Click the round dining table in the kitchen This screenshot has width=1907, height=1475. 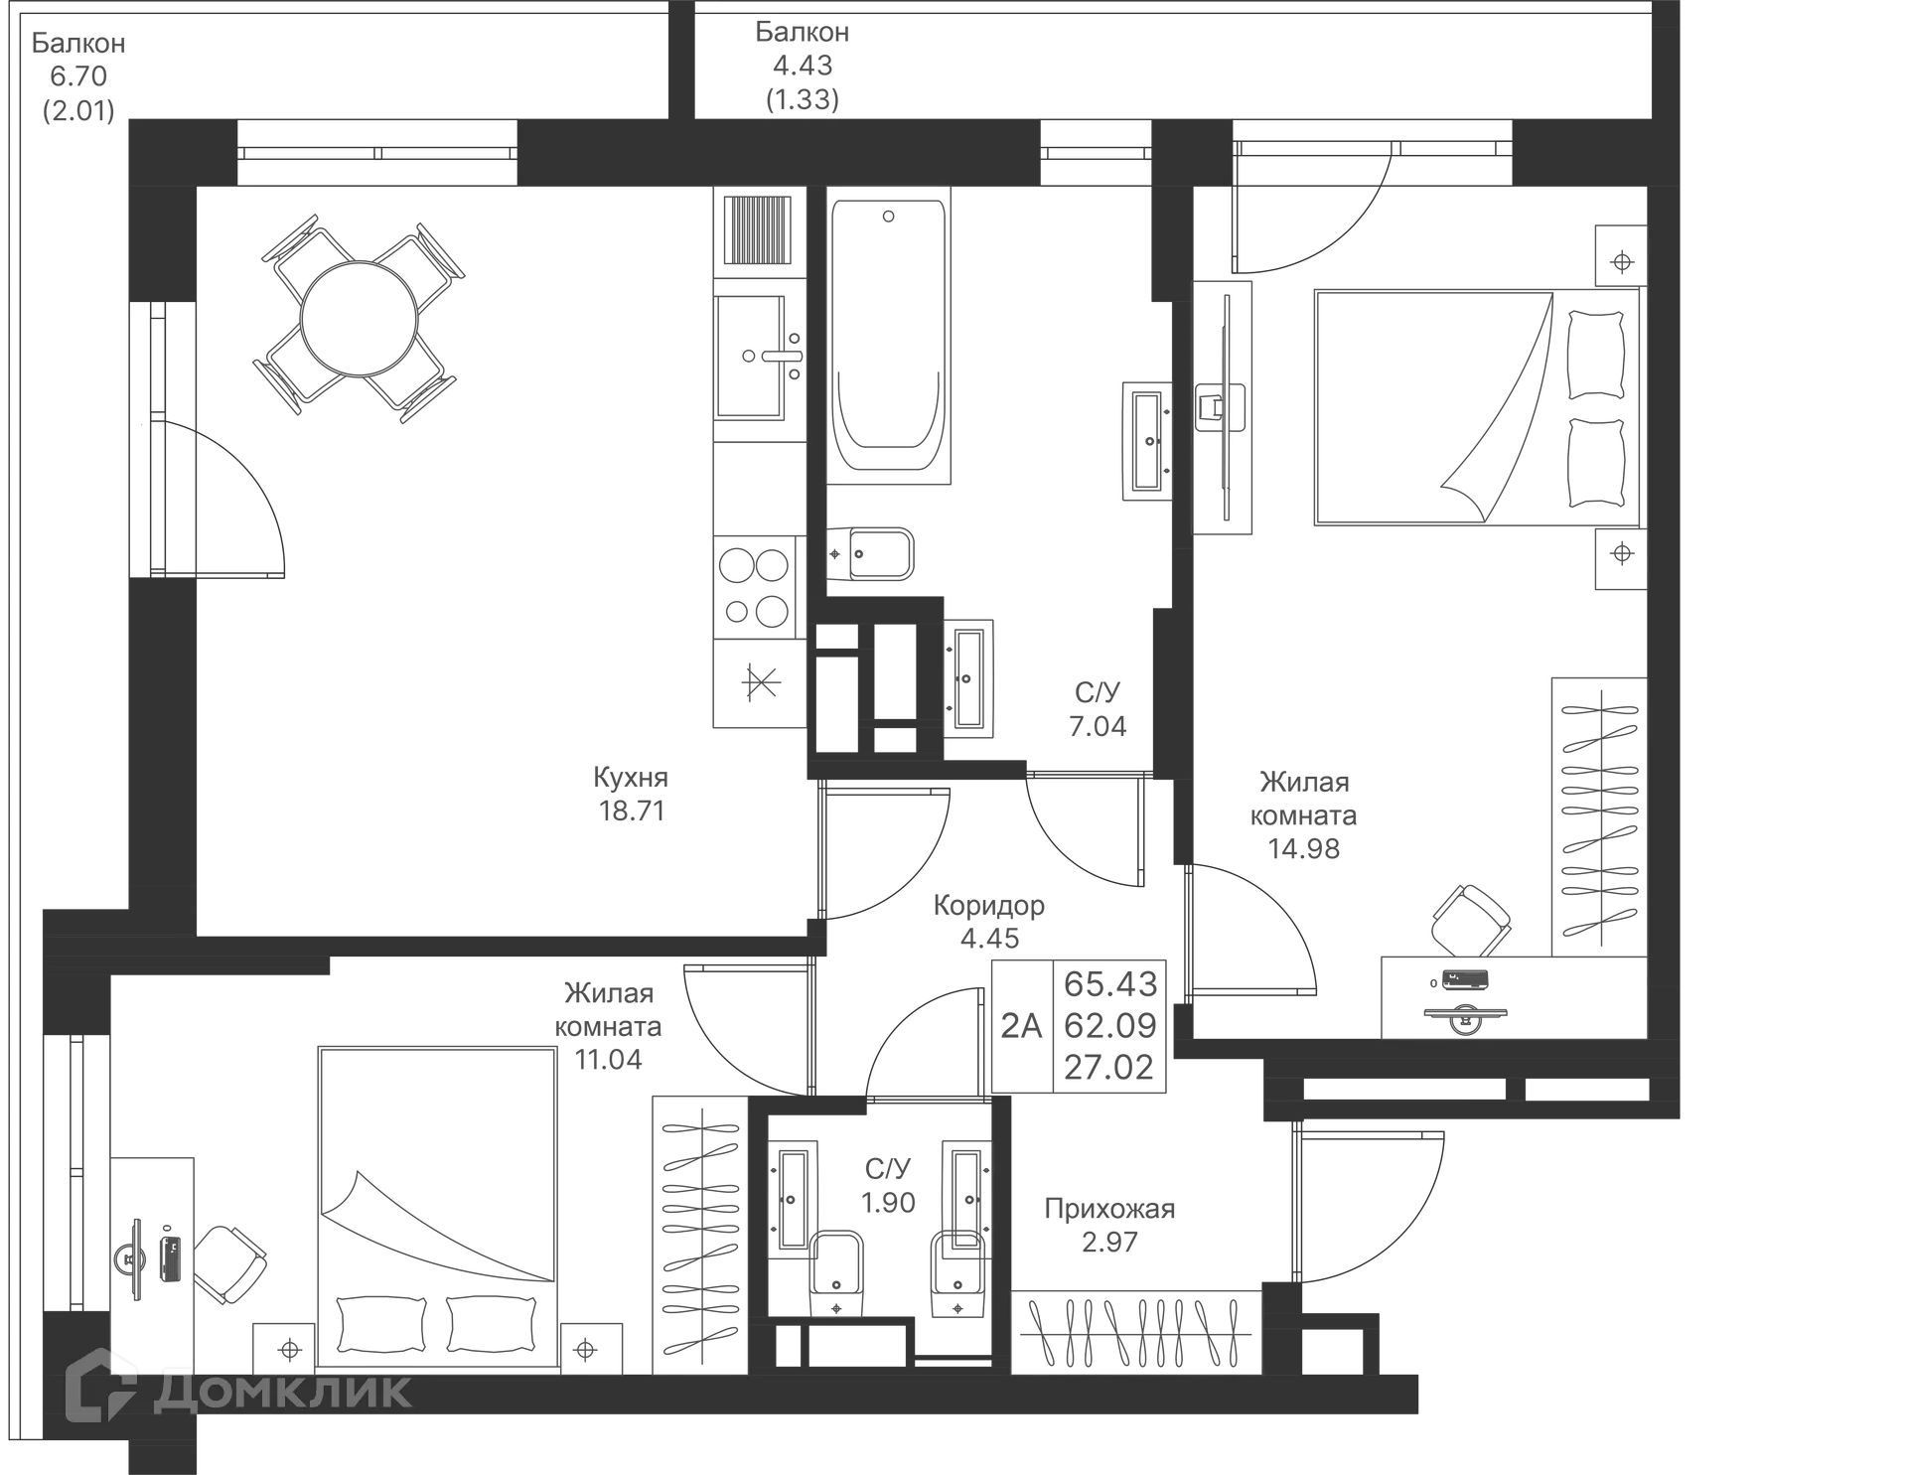tap(359, 319)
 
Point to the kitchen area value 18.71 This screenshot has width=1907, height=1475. tap(632, 811)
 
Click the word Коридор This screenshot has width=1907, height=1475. tap(989, 905)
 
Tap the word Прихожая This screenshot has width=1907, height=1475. tap(1109, 1209)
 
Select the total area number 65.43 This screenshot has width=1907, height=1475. tap(1110, 983)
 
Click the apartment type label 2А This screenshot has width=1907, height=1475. tap(1021, 1025)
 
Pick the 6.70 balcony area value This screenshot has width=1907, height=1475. tap(78, 76)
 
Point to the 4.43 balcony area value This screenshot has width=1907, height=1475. tap(803, 66)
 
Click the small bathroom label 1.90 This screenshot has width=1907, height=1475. tap(888, 1203)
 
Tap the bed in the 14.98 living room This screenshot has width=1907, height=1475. tap(1476, 407)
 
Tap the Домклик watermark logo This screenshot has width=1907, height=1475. tap(238, 1391)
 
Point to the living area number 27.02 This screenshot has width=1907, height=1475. tap(1109, 1068)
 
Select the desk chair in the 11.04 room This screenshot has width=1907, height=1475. tap(228, 1263)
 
